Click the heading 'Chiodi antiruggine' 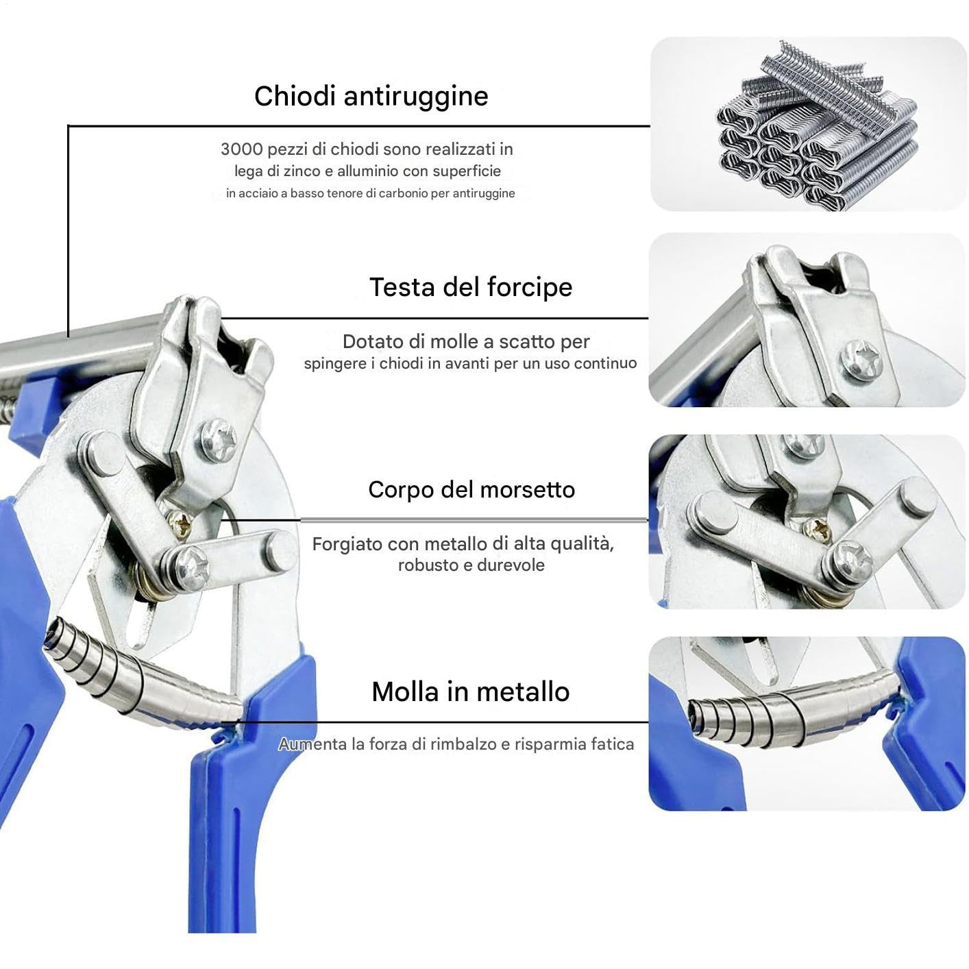pos(371,96)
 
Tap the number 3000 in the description pos(241,149)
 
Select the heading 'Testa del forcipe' pos(471,287)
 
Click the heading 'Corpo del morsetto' pos(471,490)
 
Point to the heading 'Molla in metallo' pos(471,691)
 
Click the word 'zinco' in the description pos(302,171)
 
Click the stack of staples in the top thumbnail pos(816,125)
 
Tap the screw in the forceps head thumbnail pos(861,359)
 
